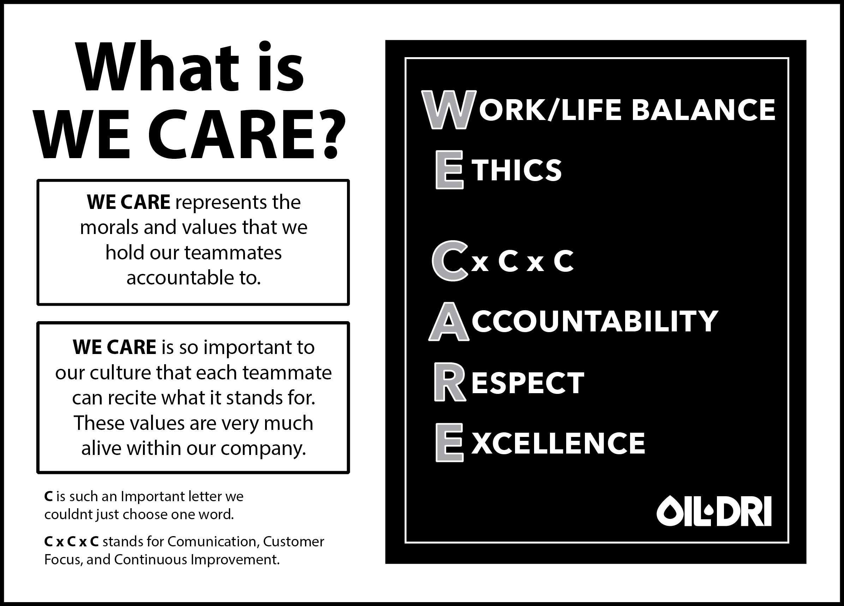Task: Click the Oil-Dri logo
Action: point(714,511)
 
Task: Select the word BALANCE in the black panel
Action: point(703,110)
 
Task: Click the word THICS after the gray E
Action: point(517,170)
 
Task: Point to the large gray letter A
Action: point(449,322)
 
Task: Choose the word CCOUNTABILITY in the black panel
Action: point(595,321)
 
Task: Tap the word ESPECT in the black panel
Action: point(528,383)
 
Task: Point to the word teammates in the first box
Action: point(233,253)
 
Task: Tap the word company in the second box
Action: point(263,448)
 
